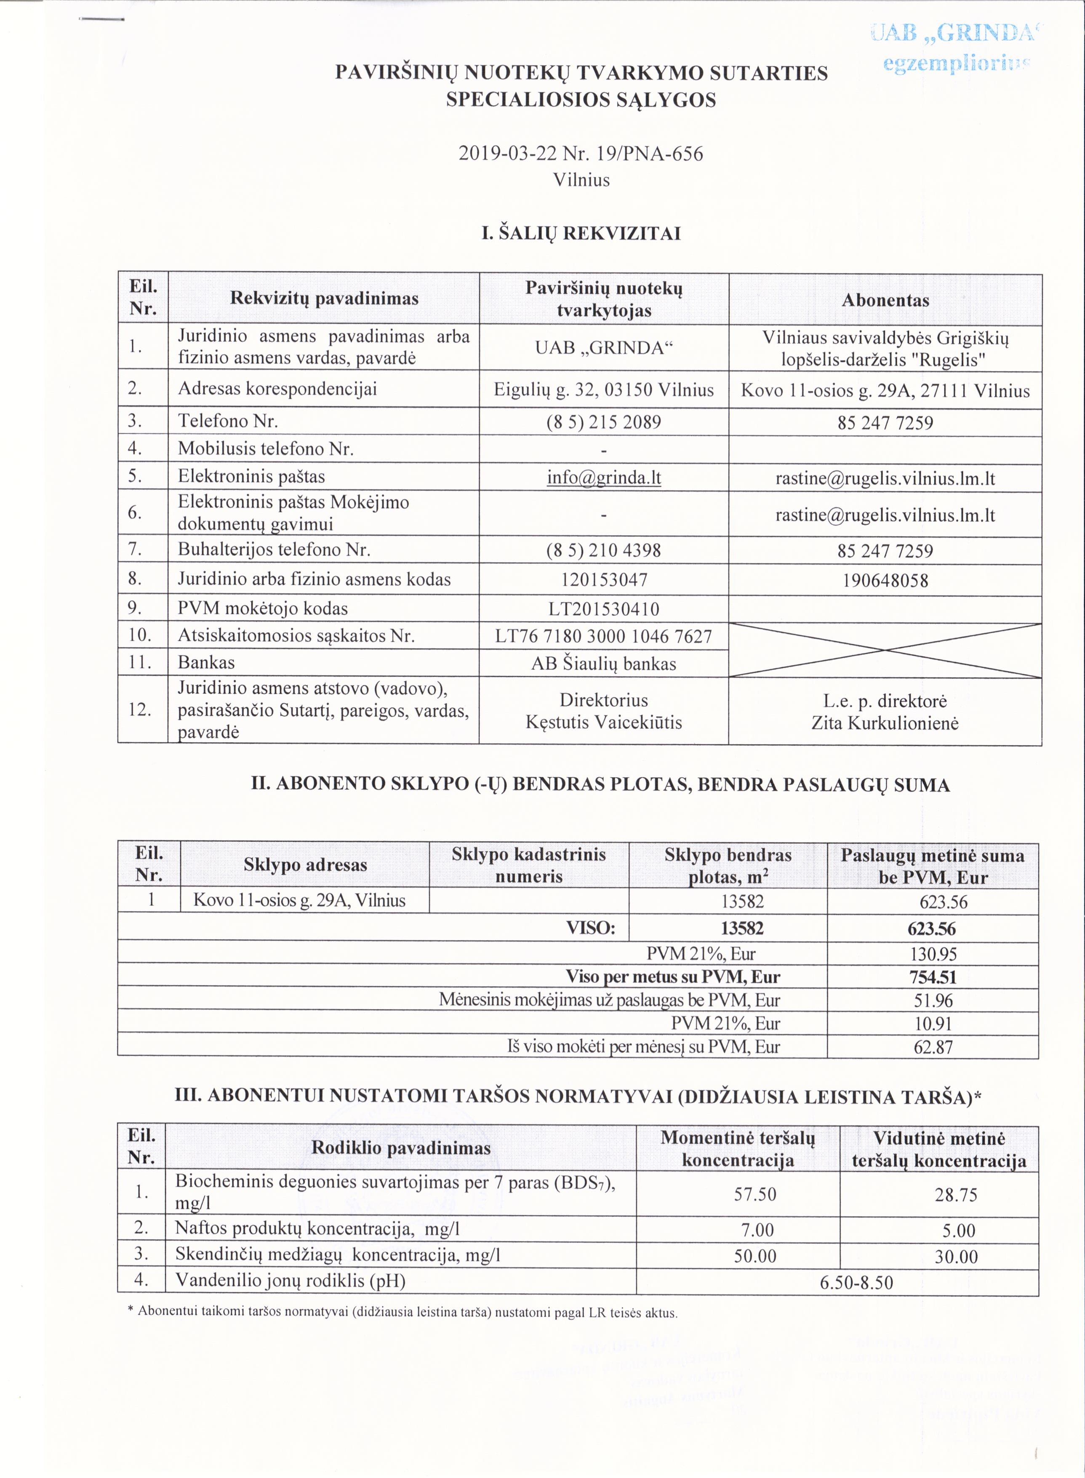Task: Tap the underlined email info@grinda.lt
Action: [x=604, y=477]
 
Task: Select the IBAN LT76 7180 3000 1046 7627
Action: [x=604, y=636]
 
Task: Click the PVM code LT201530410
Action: [x=604, y=608]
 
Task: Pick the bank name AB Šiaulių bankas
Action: [x=604, y=664]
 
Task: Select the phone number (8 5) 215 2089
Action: [x=604, y=422]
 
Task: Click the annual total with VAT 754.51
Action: [x=933, y=977]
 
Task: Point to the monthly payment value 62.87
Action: [x=933, y=1046]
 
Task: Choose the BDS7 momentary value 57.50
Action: [x=754, y=1194]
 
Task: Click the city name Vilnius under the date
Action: [x=581, y=179]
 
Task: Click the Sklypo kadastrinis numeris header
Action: [x=529, y=865]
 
